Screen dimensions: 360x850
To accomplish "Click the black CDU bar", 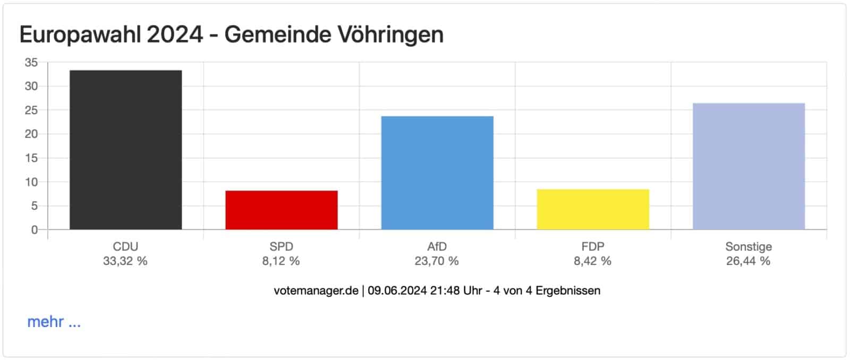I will tap(125, 150).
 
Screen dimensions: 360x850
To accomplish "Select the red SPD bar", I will tap(281, 210).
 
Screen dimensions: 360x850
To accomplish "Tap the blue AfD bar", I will tap(437, 173).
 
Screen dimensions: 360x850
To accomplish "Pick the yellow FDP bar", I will tap(593, 209).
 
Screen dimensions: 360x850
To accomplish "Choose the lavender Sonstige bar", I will tap(749, 166).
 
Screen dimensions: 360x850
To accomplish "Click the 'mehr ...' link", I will tap(54, 322).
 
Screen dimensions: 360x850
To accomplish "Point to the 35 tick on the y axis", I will tap(31, 63).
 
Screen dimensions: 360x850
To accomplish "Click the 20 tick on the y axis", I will tap(31, 134).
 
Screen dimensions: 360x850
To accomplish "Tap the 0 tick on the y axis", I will tap(35, 230).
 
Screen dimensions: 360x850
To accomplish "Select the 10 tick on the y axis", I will tap(31, 182).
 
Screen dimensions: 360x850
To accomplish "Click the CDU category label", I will tap(125, 247).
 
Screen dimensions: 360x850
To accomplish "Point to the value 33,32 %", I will tap(125, 261).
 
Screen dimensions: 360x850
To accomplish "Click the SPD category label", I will tap(281, 247).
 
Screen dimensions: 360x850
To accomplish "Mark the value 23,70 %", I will tap(437, 261).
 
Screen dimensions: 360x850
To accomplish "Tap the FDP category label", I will tap(593, 247).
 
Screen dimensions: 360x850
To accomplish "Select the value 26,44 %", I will tap(748, 261).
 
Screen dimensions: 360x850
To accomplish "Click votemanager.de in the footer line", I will tap(316, 291).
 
